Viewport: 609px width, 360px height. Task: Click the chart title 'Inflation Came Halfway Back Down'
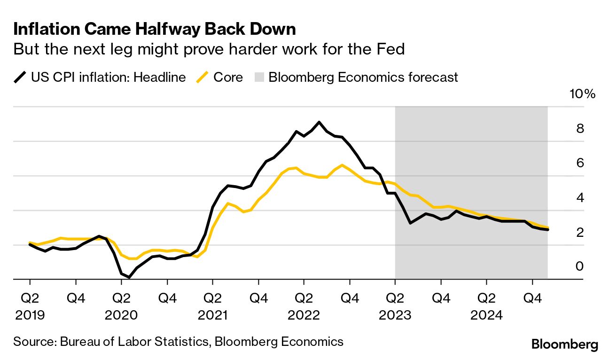click(155, 29)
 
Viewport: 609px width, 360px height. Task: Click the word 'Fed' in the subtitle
click(391, 49)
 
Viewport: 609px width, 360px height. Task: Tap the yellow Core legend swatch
click(203, 77)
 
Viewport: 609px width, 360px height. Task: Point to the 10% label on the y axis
click(582, 94)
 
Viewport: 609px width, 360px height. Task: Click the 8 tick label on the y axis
click(580, 128)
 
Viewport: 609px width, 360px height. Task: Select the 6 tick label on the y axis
click(580, 163)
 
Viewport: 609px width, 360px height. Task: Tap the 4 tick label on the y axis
click(580, 197)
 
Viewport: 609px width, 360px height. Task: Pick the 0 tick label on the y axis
click(580, 266)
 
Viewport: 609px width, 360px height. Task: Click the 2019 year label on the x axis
click(30, 315)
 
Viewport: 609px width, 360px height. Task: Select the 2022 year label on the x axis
click(304, 315)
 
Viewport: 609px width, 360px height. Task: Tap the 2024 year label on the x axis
click(486, 315)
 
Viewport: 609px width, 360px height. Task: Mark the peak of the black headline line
click(319, 122)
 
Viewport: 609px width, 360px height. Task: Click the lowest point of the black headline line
click(129, 277)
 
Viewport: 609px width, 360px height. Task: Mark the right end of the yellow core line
click(547, 227)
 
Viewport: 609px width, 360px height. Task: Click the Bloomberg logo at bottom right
click(565, 344)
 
